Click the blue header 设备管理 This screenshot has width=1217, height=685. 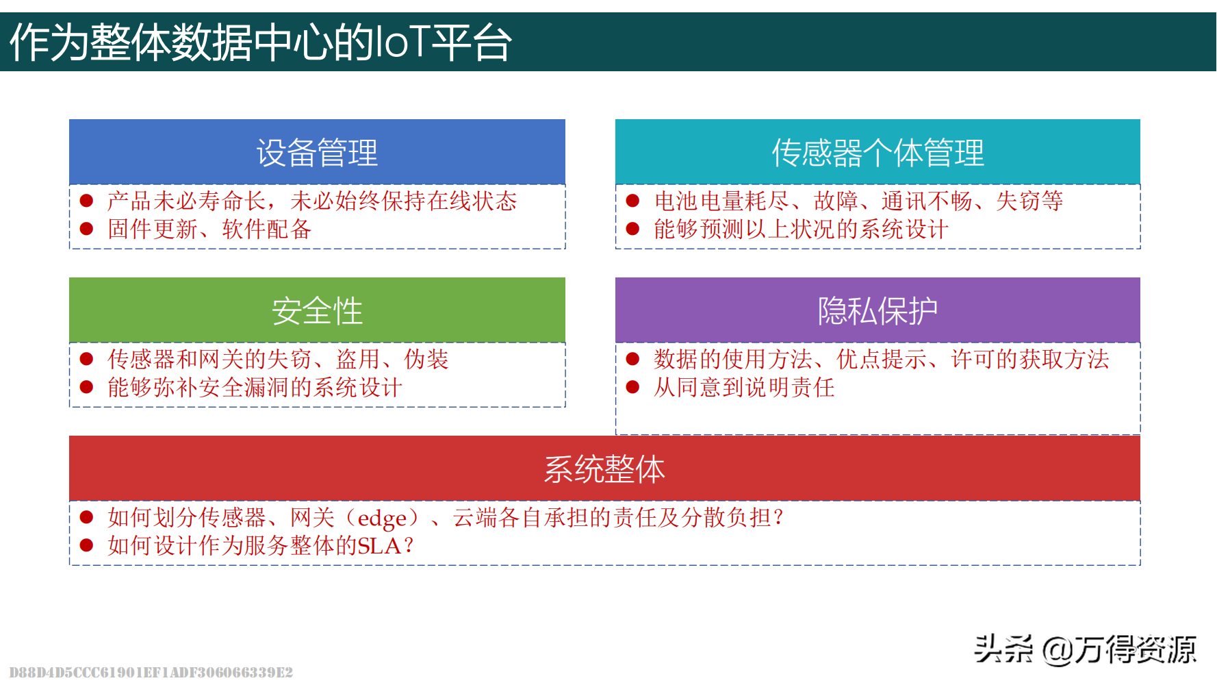coord(317,152)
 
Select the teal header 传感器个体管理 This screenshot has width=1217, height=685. coord(877,152)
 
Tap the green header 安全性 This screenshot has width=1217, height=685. coord(317,310)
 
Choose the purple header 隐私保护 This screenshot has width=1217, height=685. coord(877,310)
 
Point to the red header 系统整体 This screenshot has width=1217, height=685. coord(604,469)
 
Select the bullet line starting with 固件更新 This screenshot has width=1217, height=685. coord(209,229)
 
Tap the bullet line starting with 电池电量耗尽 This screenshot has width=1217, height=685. coord(858,201)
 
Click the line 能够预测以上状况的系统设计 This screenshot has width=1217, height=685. coord(801,229)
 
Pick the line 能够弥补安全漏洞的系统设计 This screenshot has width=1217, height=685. coord(255,387)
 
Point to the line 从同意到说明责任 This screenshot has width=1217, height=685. coord(744,387)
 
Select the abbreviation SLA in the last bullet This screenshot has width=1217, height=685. coord(379,546)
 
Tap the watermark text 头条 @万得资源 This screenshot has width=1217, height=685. coord(1086,649)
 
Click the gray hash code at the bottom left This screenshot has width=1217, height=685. coord(151,672)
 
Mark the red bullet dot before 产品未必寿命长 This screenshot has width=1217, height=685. coord(86,201)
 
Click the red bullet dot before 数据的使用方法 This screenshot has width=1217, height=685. coord(632,359)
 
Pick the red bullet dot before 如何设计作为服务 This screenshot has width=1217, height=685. coord(86,545)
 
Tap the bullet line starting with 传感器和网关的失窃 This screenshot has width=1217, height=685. coord(278,359)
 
